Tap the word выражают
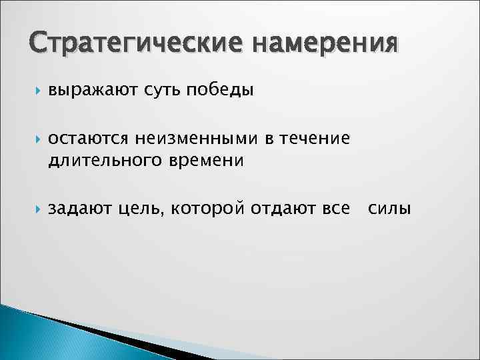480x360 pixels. [x=91, y=90]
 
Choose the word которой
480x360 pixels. [x=208, y=209]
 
